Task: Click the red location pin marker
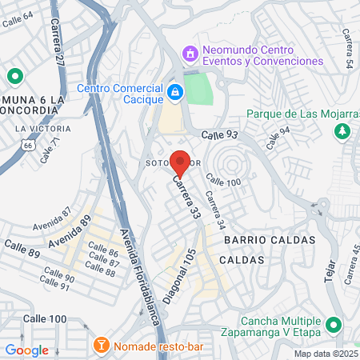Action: [x=180, y=162]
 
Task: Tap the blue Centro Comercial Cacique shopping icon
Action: [x=175, y=94]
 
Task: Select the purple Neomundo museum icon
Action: [x=190, y=54]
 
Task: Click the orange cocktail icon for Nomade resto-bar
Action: [x=101, y=346]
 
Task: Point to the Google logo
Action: [x=26, y=350]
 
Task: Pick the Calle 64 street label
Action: [x=17, y=20]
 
